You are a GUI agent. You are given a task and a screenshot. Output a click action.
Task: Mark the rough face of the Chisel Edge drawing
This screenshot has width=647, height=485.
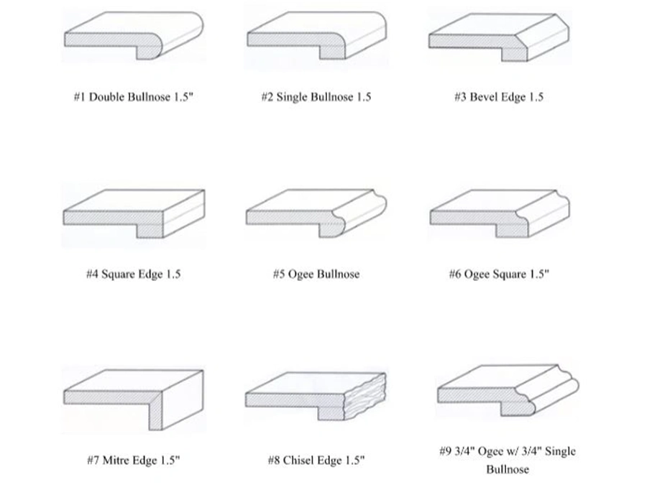[x=367, y=397]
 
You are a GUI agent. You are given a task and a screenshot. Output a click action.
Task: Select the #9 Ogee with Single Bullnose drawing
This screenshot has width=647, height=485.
[x=507, y=389]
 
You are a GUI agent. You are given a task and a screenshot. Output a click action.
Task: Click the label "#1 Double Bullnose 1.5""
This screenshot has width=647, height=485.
[x=134, y=97]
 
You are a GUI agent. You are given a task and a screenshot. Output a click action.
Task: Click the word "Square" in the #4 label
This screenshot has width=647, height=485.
[x=120, y=274]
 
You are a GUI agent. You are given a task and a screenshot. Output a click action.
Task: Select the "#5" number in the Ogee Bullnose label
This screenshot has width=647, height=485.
[x=279, y=274]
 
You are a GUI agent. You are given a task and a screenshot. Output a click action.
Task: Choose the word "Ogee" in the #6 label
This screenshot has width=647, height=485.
[x=476, y=274]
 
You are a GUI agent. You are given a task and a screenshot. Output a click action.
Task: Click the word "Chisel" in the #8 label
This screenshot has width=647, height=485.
[x=298, y=461]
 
